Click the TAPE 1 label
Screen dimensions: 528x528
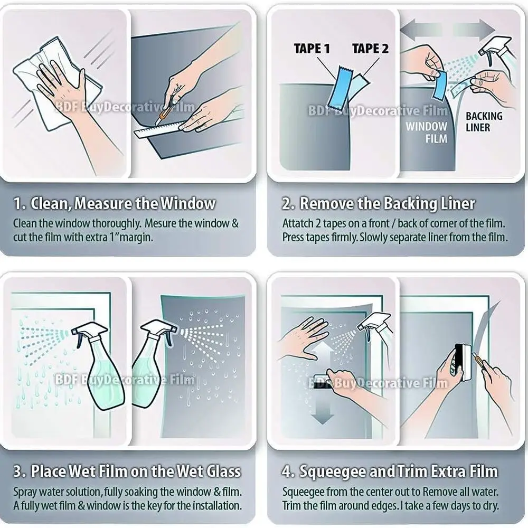pyautogui.click(x=312, y=49)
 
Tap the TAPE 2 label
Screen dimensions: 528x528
pyautogui.click(x=370, y=49)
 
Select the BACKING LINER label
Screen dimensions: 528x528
pyautogui.click(x=484, y=121)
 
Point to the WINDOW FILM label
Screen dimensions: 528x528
pyautogui.click(x=426, y=133)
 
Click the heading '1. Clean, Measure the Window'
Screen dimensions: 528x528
pyautogui.click(x=115, y=203)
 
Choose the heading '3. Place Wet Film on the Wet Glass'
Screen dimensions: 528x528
pyautogui.click(x=127, y=471)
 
